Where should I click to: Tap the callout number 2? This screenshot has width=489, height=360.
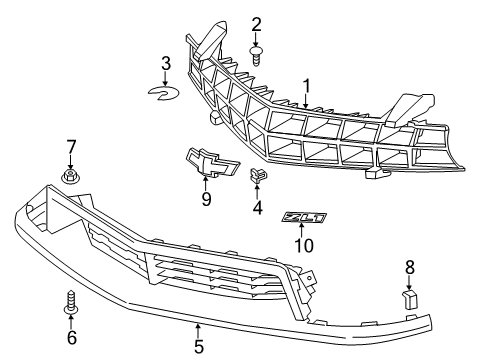coord(257,23)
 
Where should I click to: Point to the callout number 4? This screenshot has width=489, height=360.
coord(257,210)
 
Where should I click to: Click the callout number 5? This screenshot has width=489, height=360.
coord(198,347)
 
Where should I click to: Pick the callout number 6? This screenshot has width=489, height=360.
coord(71,338)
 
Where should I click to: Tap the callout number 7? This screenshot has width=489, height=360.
coord(71,147)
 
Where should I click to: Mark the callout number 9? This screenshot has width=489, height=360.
coord(206,198)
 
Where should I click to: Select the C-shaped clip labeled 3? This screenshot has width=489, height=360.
coord(164,93)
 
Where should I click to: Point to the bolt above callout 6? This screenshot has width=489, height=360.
coord(71,302)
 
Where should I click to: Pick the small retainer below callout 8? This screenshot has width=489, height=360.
coord(409,298)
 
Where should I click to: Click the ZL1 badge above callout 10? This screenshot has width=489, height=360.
coord(302,216)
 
